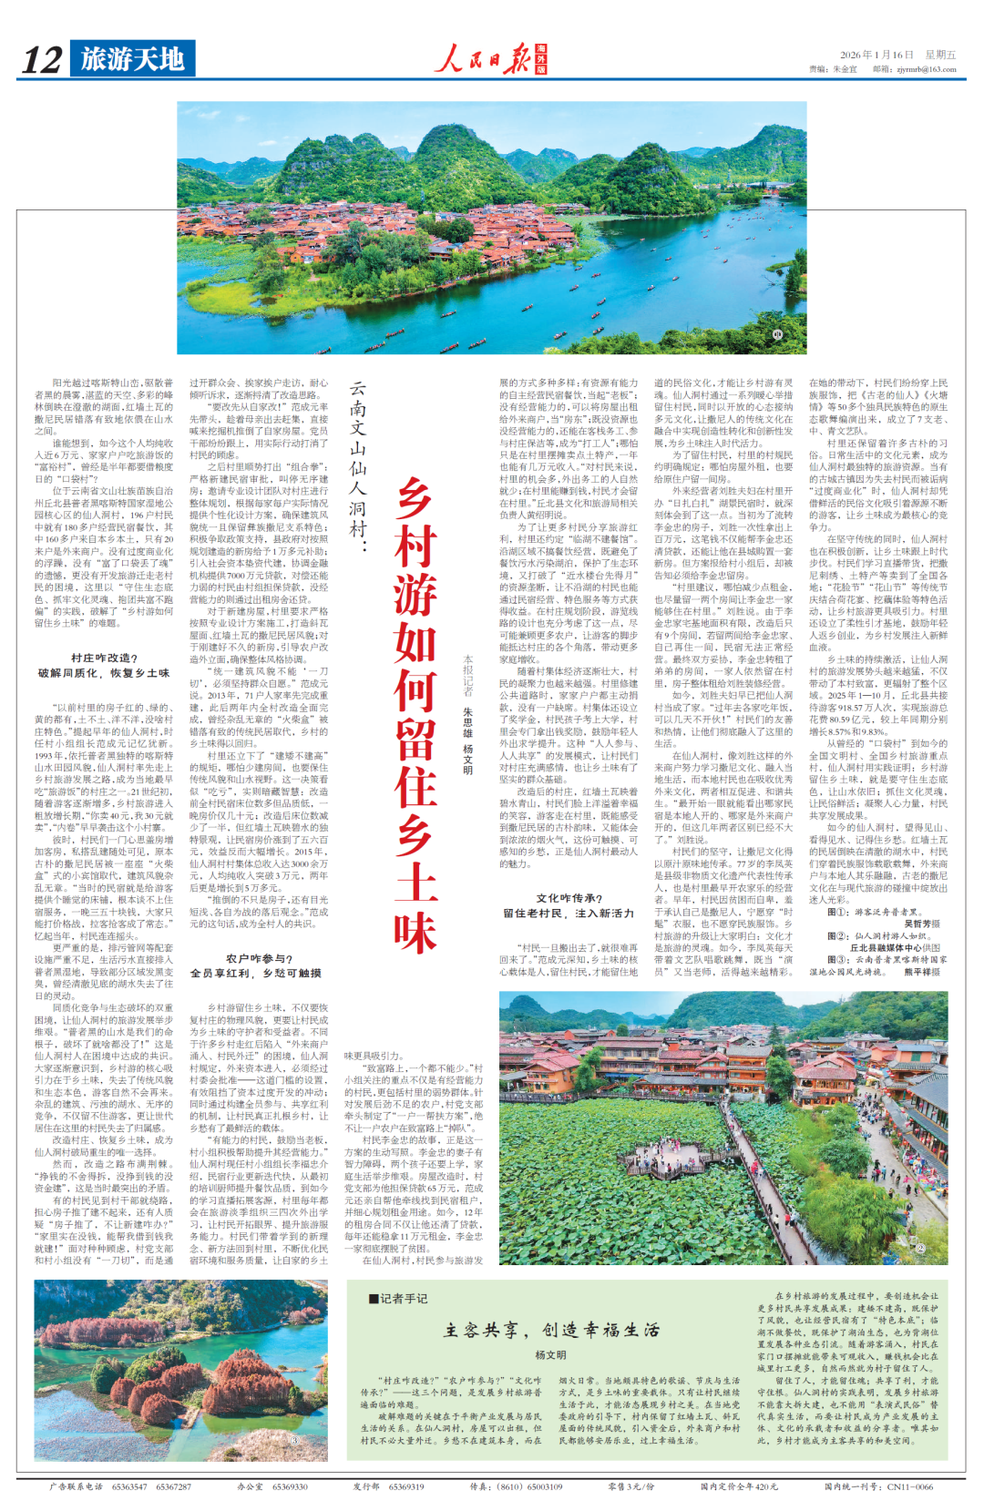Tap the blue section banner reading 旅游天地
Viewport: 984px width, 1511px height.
pos(132,59)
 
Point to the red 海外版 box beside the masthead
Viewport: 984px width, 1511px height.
pos(541,59)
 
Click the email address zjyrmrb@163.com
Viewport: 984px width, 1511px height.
pos(926,69)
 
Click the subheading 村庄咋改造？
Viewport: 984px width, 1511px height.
pos(104,658)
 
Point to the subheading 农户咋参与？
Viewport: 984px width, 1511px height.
pos(259,958)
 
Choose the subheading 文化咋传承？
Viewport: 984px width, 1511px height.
pos(569,897)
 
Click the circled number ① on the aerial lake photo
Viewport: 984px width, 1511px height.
pos(776,335)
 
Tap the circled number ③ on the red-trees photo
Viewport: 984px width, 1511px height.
pos(296,1440)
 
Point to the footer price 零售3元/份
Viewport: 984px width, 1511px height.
pos(631,1486)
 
